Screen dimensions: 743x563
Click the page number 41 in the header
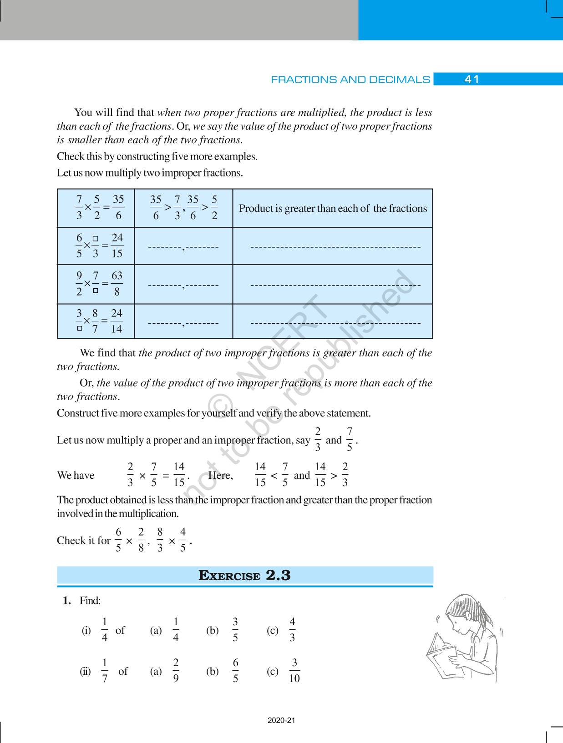tap(472, 80)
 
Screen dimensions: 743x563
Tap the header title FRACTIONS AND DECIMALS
tap(350, 80)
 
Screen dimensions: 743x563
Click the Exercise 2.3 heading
tap(244, 576)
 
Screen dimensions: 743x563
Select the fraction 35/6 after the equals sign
tap(118, 208)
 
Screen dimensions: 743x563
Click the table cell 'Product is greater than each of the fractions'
tap(333, 209)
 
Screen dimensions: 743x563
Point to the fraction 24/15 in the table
tap(117, 246)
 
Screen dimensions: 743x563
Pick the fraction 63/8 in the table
tap(117, 284)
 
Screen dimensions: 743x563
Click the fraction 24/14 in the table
tap(117, 321)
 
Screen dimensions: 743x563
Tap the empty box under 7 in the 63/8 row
tap(96, 291)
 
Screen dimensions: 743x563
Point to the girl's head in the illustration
tap(464, 612)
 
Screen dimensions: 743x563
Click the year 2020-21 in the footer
tap(281, 721)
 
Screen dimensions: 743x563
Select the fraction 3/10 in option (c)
tap(294, 671)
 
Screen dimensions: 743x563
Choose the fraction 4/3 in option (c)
tap(292, 630)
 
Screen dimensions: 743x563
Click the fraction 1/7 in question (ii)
tap(105, 671)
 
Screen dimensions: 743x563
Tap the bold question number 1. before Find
tap(67, 601)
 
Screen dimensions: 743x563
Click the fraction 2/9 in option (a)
tap(176, 671)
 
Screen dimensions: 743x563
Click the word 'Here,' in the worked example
tap(220, 476)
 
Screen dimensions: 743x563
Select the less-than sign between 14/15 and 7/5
tap(274, 476)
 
